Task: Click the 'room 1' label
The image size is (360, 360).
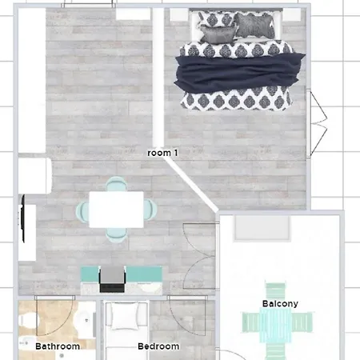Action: (162, 153)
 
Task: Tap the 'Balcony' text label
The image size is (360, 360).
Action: (280, 303)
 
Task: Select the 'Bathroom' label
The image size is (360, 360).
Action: (58, 346)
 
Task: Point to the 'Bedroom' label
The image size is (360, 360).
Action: (158, 346)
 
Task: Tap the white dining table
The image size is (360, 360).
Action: (116, 210)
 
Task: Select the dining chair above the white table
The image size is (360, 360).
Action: (116, 184)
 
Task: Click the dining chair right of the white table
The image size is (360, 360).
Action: (150, 210)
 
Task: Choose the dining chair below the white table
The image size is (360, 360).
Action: (116, 235)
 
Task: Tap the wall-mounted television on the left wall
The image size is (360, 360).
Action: (23, 218)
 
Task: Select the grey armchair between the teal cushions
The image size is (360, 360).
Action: (112, 278)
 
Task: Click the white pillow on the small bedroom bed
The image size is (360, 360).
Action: (125, 316)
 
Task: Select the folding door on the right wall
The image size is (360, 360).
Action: (317, 123)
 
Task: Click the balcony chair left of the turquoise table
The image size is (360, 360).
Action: (250, 322)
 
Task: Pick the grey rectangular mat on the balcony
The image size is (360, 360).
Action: (262, 227)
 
